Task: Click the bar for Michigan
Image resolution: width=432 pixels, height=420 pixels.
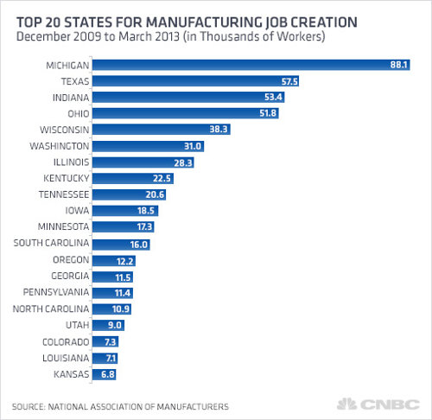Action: [251, 65]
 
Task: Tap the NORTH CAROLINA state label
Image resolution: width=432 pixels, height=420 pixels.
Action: [48, 309]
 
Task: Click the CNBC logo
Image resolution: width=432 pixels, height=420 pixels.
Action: [389, 404]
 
